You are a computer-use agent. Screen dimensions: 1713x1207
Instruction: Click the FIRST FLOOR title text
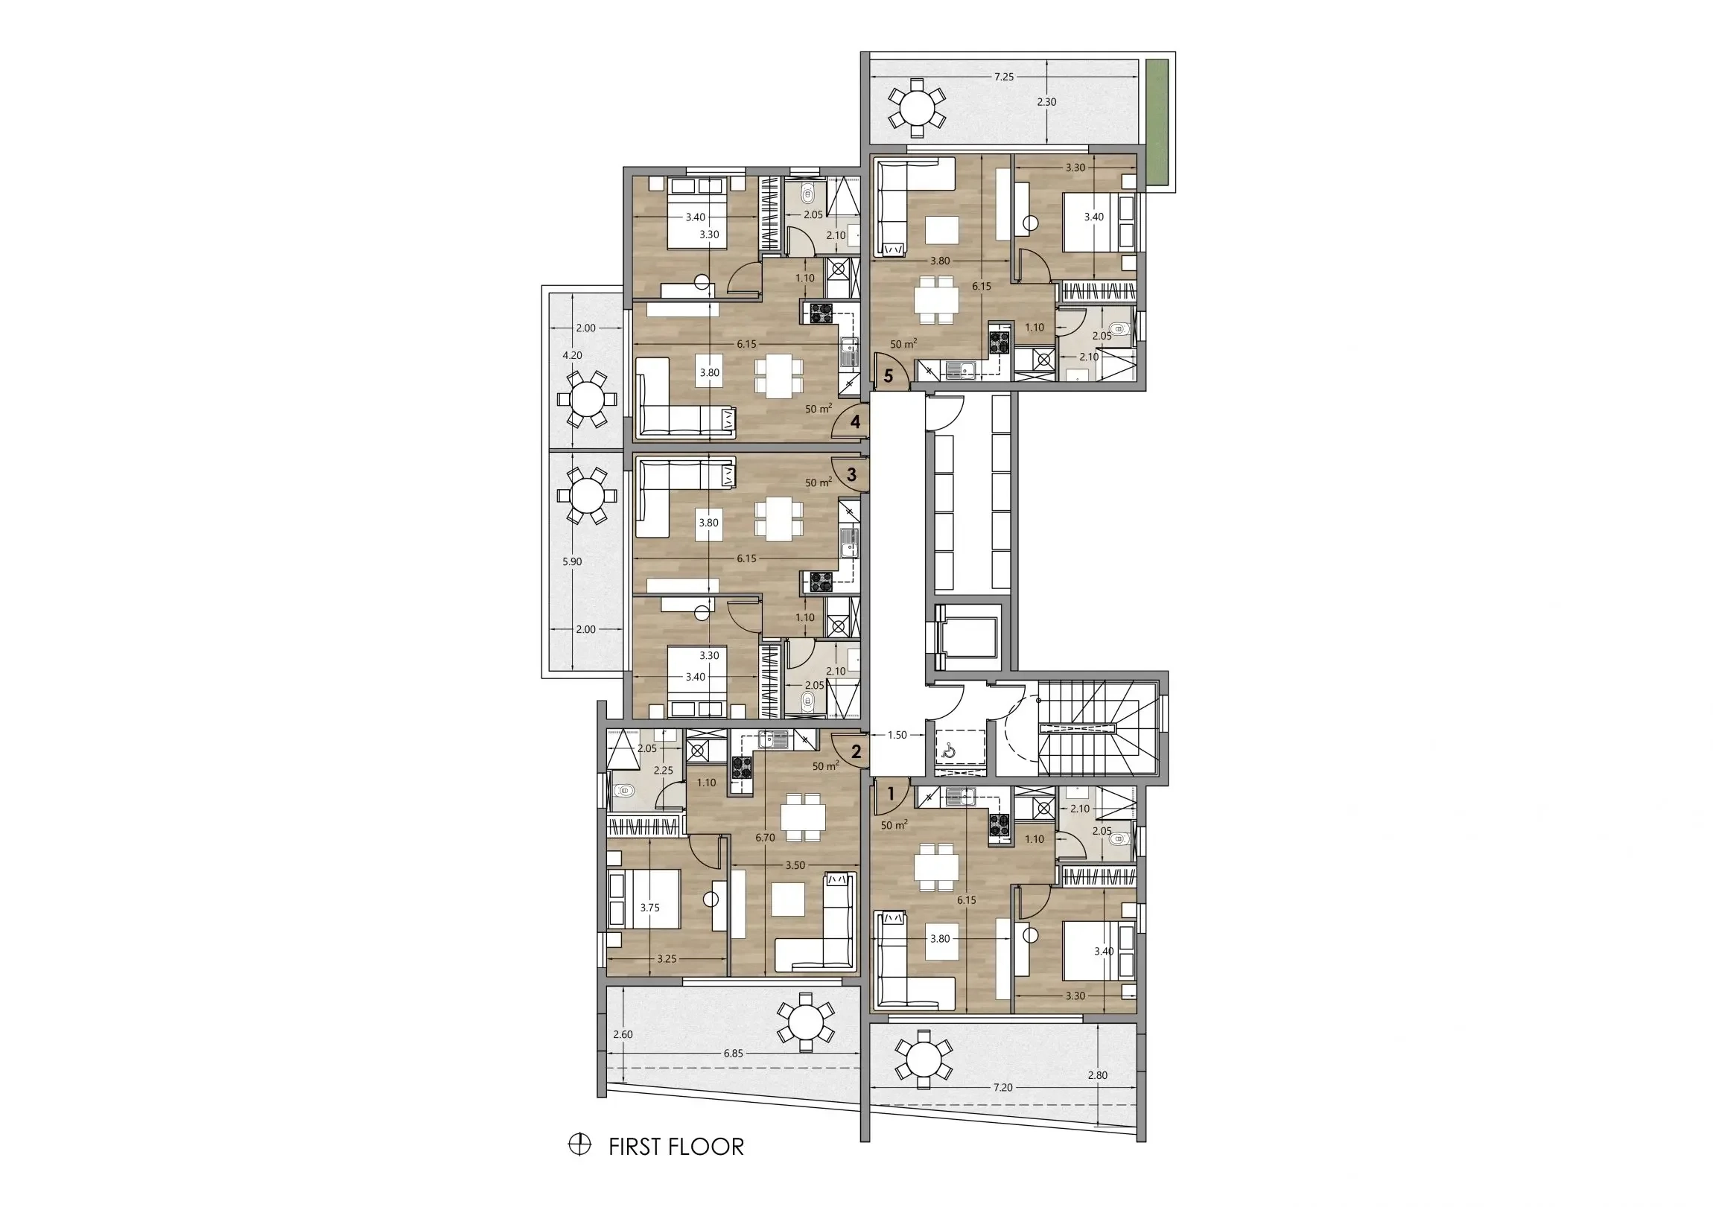(x=676, y=1147)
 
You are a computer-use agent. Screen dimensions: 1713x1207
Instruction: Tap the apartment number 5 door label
(x=888, y=375)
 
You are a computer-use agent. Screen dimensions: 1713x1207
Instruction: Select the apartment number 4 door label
(x=855, y=421)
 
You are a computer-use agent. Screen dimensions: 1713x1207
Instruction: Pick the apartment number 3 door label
(x=851, y=474)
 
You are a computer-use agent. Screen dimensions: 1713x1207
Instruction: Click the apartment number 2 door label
(x=856, y=752)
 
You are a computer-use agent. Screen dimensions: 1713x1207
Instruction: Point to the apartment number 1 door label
(x=890, y=794)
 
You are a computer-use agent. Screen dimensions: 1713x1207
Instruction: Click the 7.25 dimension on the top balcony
(x=1003, y=77)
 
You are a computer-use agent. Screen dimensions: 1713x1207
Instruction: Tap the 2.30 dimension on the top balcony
(x=1046, y=102)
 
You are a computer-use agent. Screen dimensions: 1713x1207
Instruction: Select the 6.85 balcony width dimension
(x=733, y=1054)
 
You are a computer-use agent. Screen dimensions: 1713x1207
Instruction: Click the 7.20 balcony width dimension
(x=1002, y=1088)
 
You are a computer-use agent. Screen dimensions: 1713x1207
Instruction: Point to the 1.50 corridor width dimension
(x=897, y=735)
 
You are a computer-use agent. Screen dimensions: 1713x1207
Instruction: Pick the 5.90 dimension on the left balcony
(x=572, y=561)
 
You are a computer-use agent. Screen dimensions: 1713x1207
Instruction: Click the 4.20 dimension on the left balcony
(x=572, y=356)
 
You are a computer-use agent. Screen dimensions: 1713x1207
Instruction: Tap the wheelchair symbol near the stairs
(x=950, y=751)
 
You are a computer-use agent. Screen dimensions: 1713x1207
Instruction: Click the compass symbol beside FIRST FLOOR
(x=579, y=1144)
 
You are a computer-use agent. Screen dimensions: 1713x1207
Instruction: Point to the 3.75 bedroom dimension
(x=650, y=908)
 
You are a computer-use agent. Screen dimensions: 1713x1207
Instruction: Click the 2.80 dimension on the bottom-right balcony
(x=1098, y=1076)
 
